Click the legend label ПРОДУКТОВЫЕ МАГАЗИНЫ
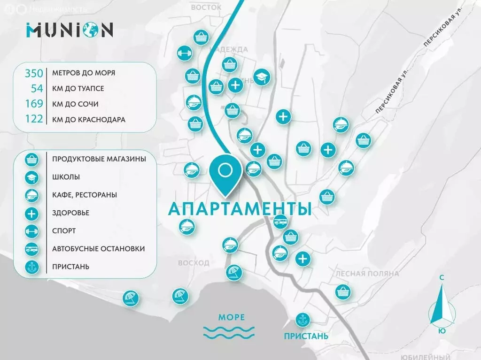(x=99, y=159)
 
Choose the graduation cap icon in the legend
(x=31, y=177)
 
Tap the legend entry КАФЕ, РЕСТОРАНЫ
(x=85, y=195)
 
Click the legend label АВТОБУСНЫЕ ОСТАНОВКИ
(x=98, y=249)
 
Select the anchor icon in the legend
(x=31, y=267)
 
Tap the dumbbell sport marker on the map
(x=184, y=54)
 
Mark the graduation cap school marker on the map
(x=262, y=76)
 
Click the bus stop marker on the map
(x=280, y=222)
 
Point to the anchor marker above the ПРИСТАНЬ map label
(x=302, y=320)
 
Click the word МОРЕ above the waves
(x=232, y=318)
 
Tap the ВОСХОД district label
(x=194, y=263)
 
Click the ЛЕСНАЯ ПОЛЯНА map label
(x=367, y=273)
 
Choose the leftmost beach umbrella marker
(x=130, y=298)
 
